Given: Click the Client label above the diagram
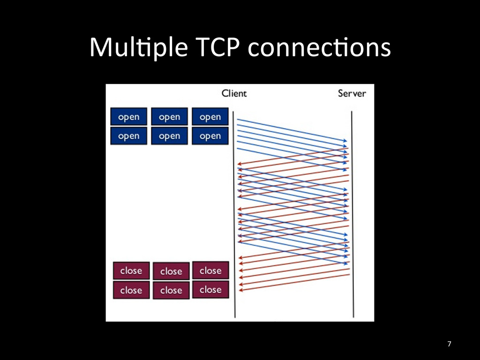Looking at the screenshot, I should (x=234, y=93).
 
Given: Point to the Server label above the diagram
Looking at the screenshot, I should (x=352, y=93).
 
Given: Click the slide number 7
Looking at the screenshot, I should (x=449, y=345).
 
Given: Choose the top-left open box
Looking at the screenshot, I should (x=128, y=117).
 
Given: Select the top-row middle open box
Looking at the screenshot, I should (x=169, y=117).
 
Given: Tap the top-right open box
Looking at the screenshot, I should (x=210, y=117).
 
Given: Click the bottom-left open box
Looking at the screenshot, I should (x=128, y=136).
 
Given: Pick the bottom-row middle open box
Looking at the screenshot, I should (x=169, y=136).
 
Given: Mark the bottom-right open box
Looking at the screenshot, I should (x=210, y=136).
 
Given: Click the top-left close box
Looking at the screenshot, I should (x=131, y=270).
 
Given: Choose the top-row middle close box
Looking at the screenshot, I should (x=171, y=271).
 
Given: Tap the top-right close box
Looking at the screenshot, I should (x=210, y=270).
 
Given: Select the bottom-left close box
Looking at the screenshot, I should (x=131, y=290).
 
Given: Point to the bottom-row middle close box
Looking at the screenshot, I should (x=171, y=290).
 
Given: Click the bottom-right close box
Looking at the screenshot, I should (x=210, y=290).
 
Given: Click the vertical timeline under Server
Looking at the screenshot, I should (x=352, y=211).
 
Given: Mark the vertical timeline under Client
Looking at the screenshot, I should (x=234, y=211).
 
